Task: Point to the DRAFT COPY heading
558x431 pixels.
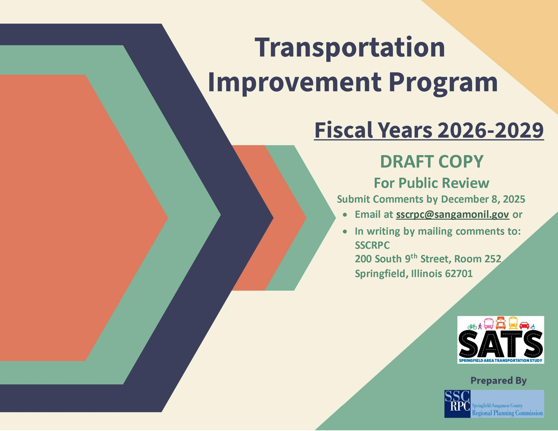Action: click(432, 161)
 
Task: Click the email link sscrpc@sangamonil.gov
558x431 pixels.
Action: click(453, 215)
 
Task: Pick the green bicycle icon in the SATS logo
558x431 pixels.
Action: click(472, 326)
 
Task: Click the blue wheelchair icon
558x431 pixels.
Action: click(533, 326)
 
